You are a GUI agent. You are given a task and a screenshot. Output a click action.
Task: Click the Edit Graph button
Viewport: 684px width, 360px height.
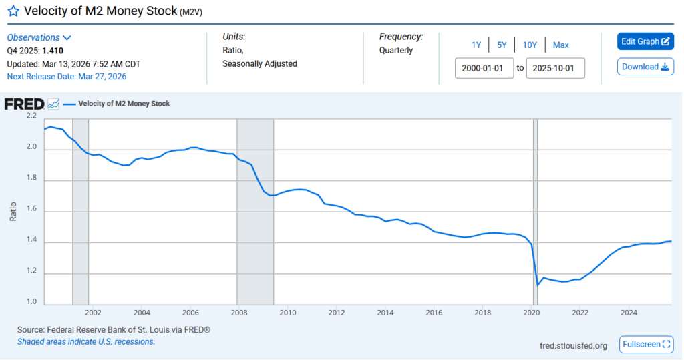[645, 41]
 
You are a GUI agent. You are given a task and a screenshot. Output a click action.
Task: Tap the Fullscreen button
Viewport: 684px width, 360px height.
[645, 344]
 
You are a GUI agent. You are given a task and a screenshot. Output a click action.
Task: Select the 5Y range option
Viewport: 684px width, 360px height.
[502, 45]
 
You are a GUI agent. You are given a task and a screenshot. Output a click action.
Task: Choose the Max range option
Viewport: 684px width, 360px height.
[560, 45]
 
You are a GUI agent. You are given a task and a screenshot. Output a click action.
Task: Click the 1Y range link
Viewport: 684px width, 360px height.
[476, 45]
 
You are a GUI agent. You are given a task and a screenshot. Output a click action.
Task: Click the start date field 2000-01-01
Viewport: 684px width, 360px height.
[484, 68]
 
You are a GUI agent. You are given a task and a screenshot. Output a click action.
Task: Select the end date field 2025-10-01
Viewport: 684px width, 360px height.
[555, 68]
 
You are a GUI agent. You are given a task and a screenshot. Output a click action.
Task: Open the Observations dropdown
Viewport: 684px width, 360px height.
[39, 38]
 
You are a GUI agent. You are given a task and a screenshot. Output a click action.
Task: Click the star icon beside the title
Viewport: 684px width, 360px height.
[13, 11]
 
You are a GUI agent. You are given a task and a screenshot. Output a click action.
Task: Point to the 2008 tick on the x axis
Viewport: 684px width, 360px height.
[239, 313]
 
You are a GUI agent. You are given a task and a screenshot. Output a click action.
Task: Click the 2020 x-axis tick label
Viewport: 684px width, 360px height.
[531, 313]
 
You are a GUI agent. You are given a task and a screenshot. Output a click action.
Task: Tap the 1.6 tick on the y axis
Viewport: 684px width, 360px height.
[31, 211]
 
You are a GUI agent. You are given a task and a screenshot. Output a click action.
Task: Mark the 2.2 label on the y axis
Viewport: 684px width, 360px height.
[31, 116]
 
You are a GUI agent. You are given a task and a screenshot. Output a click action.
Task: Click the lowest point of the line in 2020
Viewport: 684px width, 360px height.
[538, 285]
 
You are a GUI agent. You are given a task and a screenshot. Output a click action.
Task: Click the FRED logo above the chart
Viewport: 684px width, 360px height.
[24, 104]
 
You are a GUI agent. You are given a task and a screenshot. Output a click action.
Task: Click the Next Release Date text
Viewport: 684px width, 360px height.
[66, 77]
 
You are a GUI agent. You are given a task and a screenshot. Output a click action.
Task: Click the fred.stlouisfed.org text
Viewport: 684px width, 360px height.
[573, 345]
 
